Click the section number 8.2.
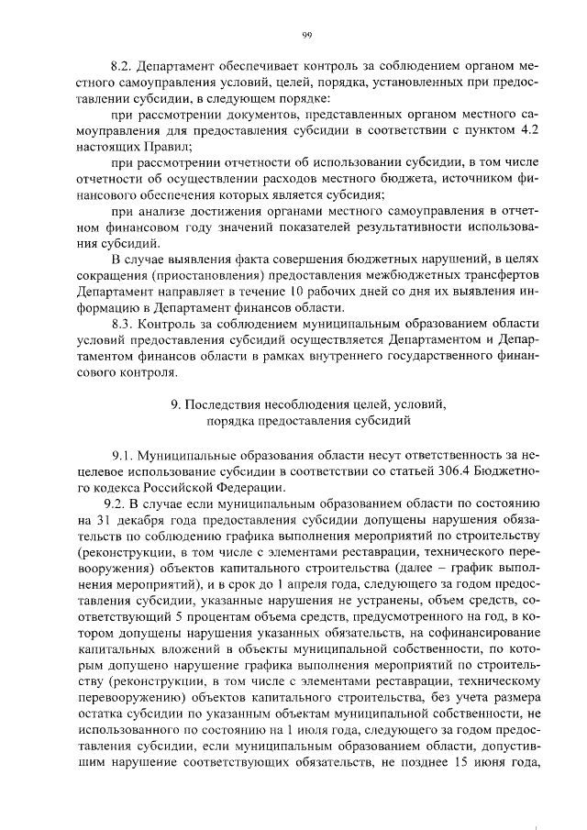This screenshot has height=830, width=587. (x=122, y=67)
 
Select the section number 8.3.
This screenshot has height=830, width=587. (x=122, y=325)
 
